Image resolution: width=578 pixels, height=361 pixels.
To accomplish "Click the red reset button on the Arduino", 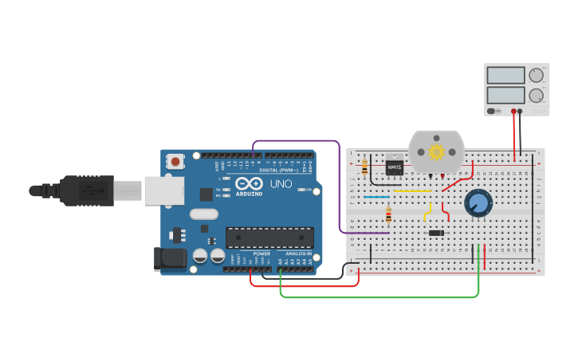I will [x=175, y=162].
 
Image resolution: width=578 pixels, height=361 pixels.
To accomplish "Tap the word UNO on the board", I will [x=281, y=184].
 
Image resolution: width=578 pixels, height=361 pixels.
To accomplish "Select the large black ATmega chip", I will [x=269, y=237].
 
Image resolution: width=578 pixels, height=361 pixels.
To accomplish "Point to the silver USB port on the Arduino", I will [x=164, y=190].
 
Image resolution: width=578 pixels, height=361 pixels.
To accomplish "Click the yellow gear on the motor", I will [x=436, y=151].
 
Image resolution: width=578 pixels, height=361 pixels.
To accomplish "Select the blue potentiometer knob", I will [x=478, y=202].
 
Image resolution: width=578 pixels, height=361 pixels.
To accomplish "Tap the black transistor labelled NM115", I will [x=394, y=168].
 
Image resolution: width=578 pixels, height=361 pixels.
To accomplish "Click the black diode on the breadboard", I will [x=436, y=233].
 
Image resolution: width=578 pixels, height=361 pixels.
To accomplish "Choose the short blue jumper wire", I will [x=376, y=196].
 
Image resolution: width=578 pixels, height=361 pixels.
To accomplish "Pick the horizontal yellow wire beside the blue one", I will [x=412, y=191].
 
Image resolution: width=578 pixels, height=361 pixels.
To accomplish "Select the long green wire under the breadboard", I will [x=379, y=297].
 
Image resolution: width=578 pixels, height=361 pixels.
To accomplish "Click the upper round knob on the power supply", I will [x=535, y=76].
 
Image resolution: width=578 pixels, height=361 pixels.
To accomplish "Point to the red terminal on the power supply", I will [x=513, y=112].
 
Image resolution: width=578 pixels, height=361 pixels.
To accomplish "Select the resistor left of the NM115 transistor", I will [x=365, y=167].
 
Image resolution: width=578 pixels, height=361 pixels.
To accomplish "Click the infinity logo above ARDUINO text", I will [x=248, y=184].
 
